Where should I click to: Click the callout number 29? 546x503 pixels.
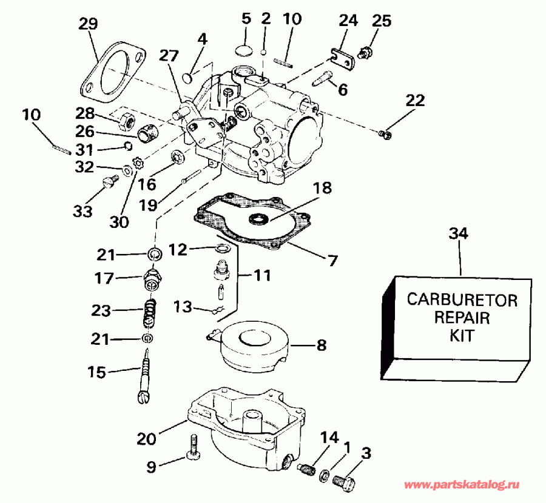coord(88,25)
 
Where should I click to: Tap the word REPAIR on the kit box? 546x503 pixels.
coord(462,316)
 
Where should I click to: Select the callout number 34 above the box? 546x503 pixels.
coord(459,233)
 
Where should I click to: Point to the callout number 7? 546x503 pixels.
coord(332,262)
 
